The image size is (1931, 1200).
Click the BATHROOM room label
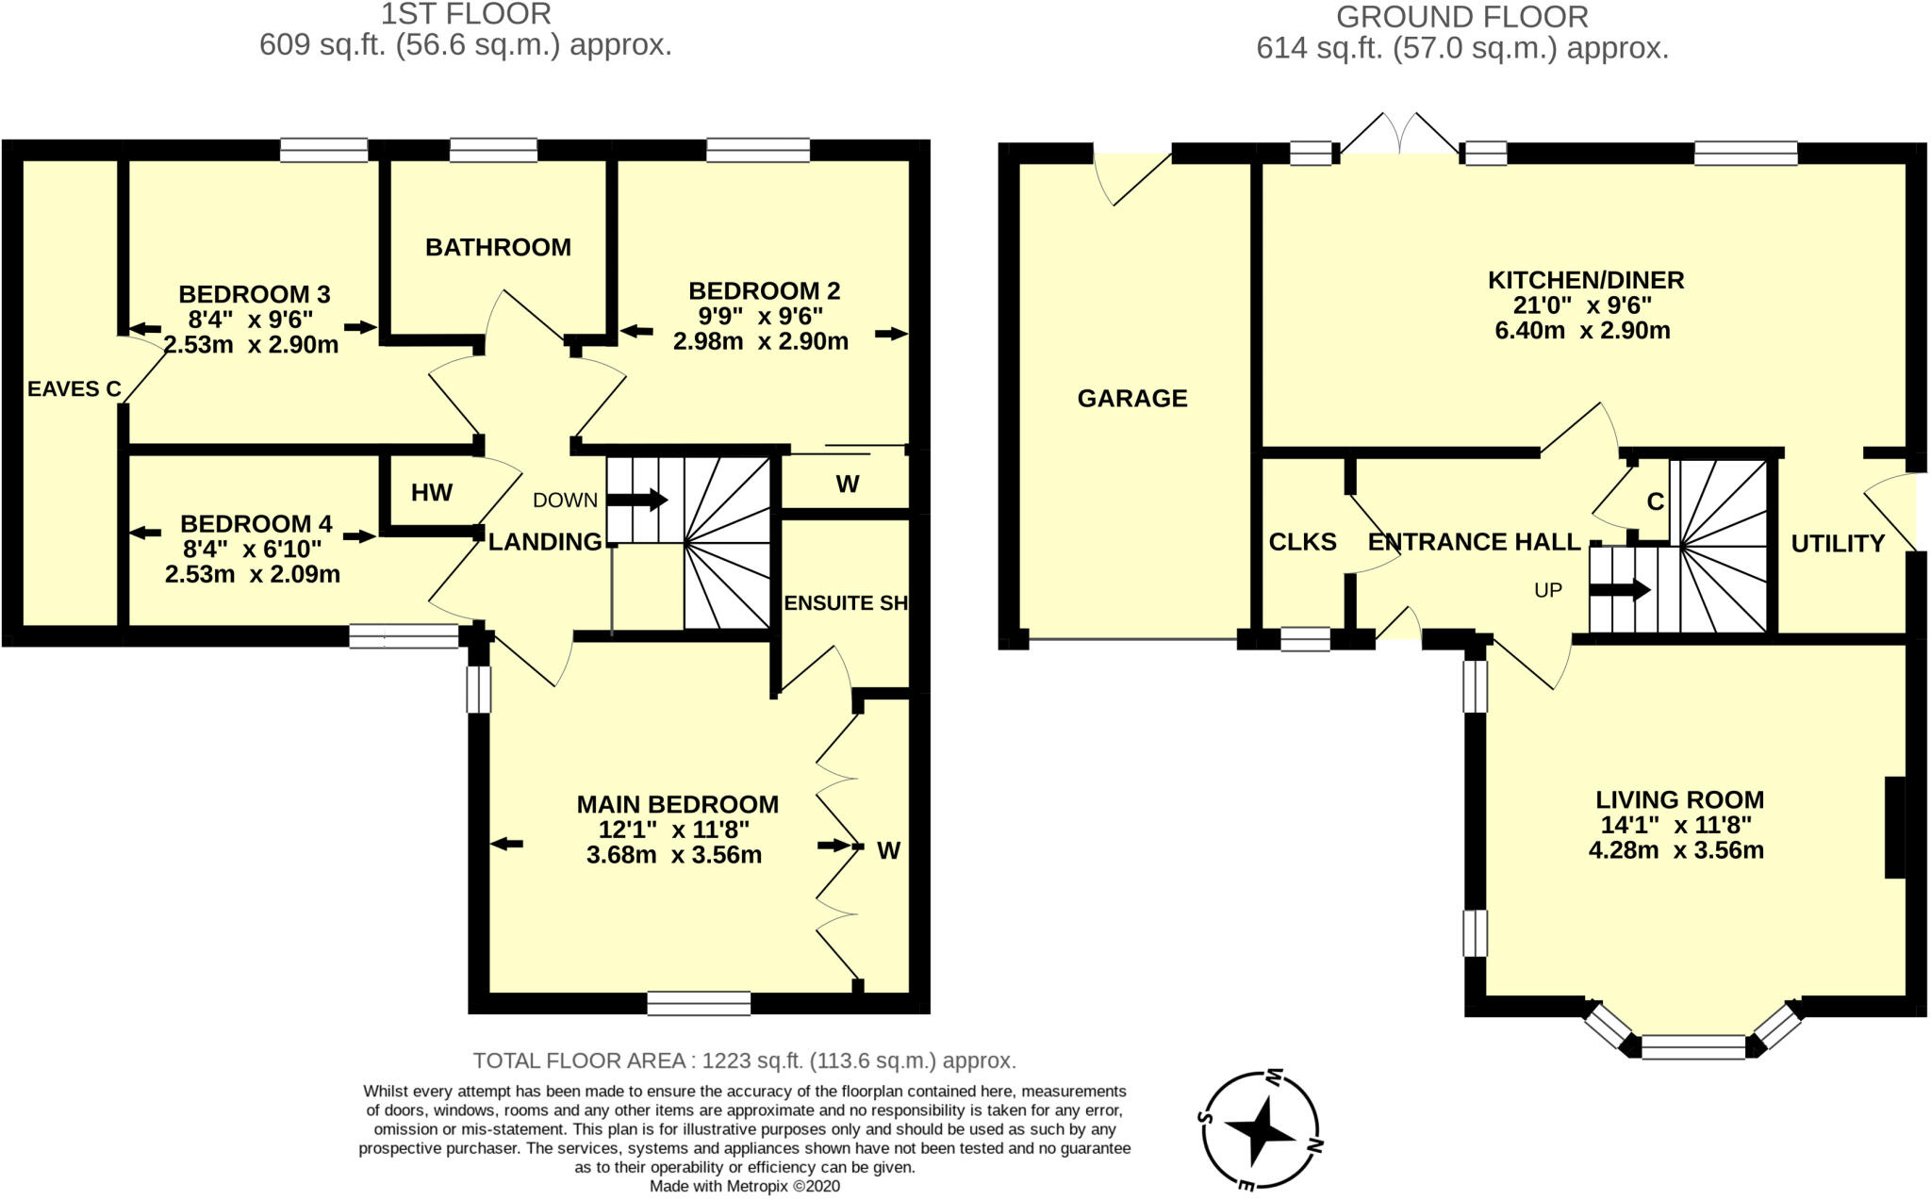pos(498,247)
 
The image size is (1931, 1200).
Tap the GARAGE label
pos(1132,398)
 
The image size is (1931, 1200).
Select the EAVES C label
pos(74,388)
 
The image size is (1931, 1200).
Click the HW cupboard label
pos(432,492)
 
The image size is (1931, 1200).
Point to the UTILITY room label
pos(1838,543)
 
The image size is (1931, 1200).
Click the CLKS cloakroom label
pos(1302,542)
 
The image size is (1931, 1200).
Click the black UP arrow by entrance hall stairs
pos(1620,590)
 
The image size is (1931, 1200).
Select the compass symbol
pos(1262,1130)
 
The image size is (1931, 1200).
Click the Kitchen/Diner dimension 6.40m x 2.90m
pos(1583,331)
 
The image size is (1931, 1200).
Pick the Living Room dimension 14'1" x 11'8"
pos(1675,825)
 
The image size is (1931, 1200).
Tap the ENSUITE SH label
pos(846,603)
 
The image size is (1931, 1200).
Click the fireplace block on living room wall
pos(1894,827)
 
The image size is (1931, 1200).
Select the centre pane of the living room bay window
pos(1693,1046)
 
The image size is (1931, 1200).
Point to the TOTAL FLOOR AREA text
pos(744,1060)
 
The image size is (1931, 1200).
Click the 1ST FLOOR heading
pos(466,14)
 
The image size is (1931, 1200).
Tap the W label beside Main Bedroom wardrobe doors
pos(888,851)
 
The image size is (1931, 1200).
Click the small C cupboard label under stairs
pos(1655,502)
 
